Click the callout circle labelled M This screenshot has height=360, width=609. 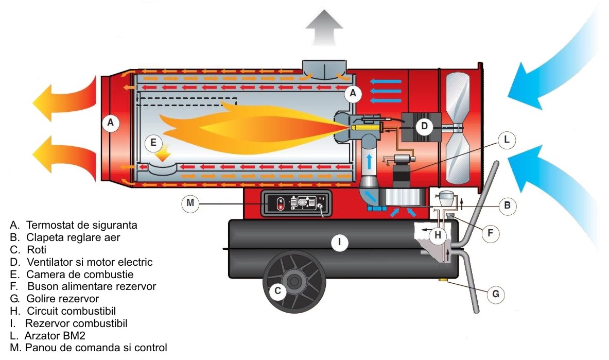click(190, 203)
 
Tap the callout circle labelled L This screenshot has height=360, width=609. click(506, 140)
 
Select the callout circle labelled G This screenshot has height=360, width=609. click(496, 294)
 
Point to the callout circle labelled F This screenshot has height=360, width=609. click(490, 233)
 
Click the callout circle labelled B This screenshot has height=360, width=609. click(507, 205)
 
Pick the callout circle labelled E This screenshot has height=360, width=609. click(153, 143)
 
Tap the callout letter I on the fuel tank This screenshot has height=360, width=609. click(339, 242)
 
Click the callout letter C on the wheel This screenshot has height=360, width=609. click(277, 291)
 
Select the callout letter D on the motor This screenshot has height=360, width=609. click(424, 126)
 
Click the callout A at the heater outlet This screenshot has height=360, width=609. click(111, 123)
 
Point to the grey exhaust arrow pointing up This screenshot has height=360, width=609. click(324, 28)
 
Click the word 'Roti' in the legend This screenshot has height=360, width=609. click(37, 250)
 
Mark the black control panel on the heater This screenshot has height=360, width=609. click(297, 203)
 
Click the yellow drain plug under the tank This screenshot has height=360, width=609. click(442, 280)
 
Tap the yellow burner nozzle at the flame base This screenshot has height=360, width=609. click(366, 127)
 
